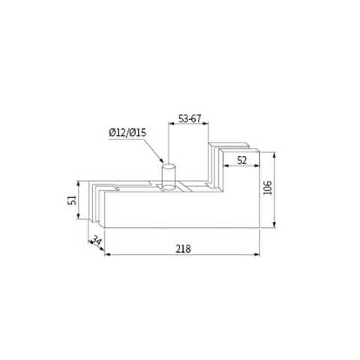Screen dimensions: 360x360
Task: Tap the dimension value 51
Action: point(72,200)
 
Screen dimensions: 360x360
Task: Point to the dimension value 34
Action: point(94,241)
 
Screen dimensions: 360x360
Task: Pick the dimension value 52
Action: point(242,160)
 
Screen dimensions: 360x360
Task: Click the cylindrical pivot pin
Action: point(170,178)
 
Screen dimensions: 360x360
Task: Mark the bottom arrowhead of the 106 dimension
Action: point(277,226)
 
